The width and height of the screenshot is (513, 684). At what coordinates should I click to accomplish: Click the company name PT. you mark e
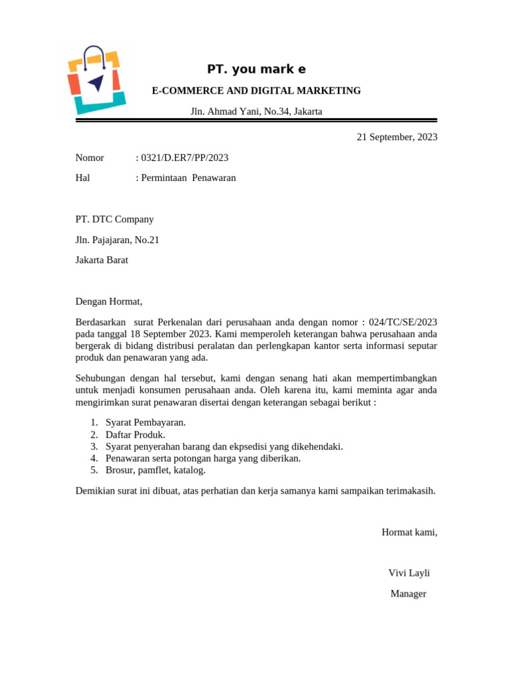256,69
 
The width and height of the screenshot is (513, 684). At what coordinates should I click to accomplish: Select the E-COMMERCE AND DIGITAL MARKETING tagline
256,91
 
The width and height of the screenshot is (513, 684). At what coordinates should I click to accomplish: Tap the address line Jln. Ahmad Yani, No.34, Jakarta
256,112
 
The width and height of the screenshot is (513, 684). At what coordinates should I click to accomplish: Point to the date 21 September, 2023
397,137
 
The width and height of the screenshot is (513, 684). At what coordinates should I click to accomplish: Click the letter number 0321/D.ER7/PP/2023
184,158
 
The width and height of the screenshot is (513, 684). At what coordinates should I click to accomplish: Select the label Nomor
90,158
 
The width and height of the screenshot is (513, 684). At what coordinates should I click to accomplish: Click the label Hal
83,178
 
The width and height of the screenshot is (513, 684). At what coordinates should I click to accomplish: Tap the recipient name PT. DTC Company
114,219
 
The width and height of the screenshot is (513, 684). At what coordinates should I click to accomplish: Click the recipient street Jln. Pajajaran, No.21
117,240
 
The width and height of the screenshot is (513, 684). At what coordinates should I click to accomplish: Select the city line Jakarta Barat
102,261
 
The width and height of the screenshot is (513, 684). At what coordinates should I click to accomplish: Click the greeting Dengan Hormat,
109,301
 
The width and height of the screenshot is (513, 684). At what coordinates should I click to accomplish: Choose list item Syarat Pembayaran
146,422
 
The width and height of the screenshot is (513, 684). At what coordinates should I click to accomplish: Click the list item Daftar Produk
136,434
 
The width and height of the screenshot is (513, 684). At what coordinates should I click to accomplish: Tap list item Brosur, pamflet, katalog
156,470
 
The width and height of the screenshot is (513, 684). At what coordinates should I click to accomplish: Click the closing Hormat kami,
409,532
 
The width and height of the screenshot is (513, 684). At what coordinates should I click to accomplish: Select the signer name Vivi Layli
409,573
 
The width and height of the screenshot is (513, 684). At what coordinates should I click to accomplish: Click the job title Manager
408,594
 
